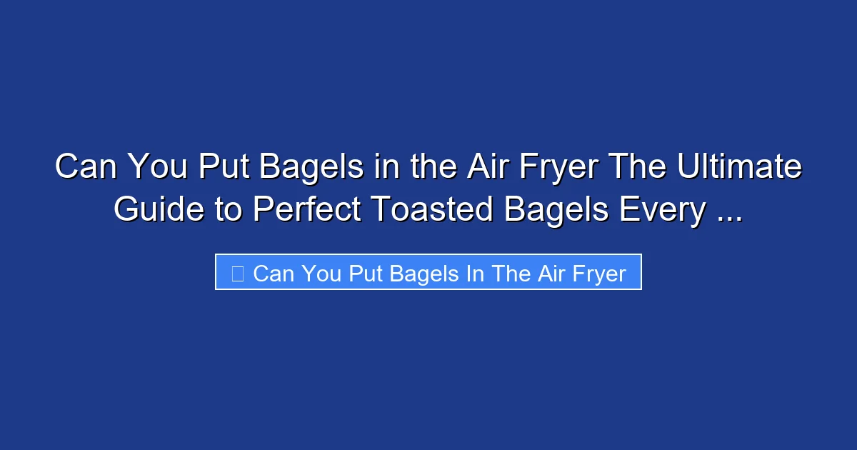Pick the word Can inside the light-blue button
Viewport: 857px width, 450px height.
click(274, 274)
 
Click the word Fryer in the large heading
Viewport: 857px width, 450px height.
click(561, 167)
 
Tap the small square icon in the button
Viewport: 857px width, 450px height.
click(238, 274)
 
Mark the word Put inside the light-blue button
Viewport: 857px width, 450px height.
click(365, 274)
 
